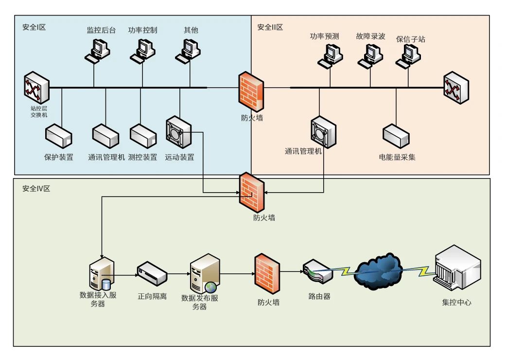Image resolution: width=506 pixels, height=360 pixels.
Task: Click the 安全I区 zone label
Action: coord(34,28)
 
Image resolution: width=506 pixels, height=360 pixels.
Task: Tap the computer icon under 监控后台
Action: coord(98,50)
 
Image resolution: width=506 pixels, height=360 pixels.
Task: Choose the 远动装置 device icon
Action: coord(178,132)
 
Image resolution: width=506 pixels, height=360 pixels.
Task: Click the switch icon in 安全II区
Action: coord(456,88)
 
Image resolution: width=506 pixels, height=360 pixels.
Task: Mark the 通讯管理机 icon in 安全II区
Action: coord(323,132)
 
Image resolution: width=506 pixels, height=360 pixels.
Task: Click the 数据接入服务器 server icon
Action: coord(101,275)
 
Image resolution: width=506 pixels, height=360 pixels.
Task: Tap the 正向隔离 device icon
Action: coord(152,274)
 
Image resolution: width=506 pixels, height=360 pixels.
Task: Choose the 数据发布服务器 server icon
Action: coord(203,274)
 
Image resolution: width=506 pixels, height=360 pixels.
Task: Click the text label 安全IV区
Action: coord(36,188)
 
